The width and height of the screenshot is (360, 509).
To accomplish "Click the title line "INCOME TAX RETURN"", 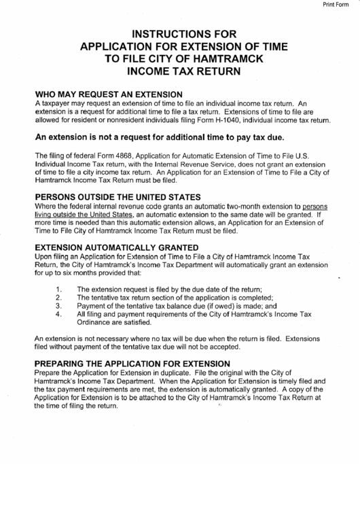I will [x=179, y=71].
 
